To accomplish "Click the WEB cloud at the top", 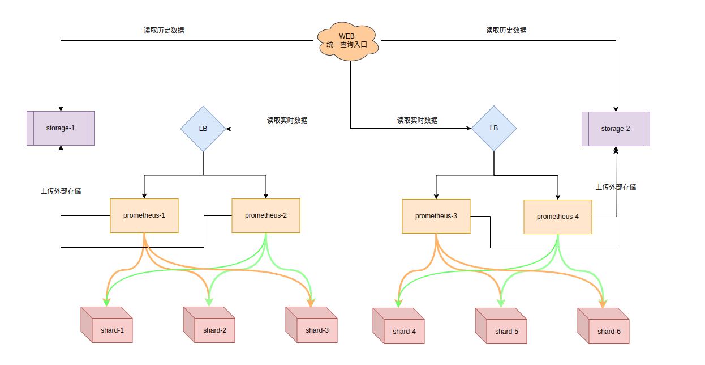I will click(347, 40).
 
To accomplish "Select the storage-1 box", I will click(61, 128).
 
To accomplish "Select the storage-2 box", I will click(616, 129).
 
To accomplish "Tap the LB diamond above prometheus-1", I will click(203, 129).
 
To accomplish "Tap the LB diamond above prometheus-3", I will click(494, 128).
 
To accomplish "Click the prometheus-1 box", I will click(144, 215).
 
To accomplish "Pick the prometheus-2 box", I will click(266, 215).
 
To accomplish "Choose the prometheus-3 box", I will click(436, 216).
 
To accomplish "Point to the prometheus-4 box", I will click(558, 217).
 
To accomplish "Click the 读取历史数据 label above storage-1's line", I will click(164, 31).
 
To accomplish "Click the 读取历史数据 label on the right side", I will click(506, 31).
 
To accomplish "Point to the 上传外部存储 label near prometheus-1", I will click(61, 191).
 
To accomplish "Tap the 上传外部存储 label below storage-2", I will click(616, 187).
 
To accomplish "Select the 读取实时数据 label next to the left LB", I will click(287, 121).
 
